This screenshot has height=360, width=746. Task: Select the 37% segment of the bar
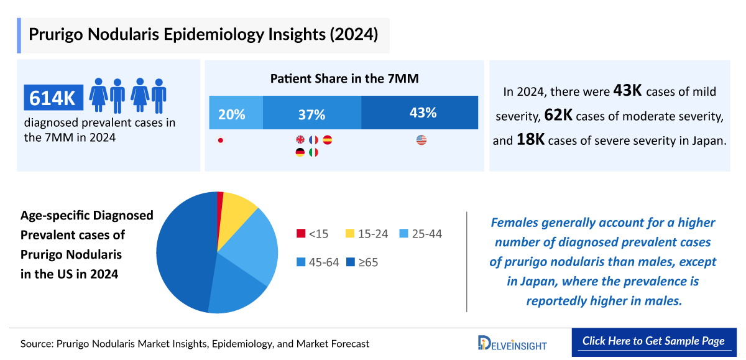[x=311, y=114]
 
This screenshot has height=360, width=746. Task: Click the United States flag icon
[x=421, y=141]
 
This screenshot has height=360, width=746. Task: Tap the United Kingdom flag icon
[x=300, y=141]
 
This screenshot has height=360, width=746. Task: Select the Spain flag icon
[x=328, y=141]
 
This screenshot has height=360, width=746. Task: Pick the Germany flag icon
[x=300, y=152]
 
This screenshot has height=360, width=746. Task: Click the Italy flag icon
[x=313, y=152]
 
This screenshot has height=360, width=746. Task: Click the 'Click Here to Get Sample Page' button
[x=653, y=341]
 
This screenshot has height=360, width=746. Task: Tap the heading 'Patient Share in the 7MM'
[x=344, y=79]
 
